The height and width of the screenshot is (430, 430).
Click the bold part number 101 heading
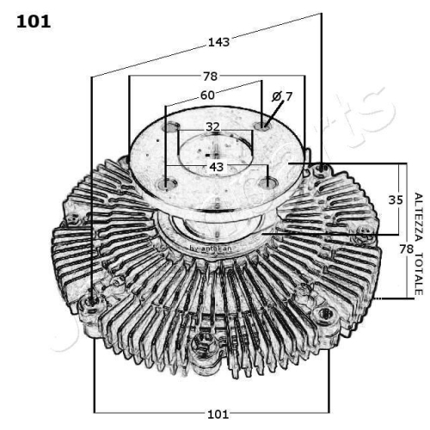34,21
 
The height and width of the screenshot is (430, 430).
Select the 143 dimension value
219,40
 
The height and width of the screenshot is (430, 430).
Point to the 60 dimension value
207,95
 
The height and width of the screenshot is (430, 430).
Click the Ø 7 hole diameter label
282,96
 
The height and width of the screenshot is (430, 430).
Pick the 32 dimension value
213,127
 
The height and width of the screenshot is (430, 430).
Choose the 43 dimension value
216,165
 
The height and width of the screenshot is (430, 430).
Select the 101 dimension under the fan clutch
219,414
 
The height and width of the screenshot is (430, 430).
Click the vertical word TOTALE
418,274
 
